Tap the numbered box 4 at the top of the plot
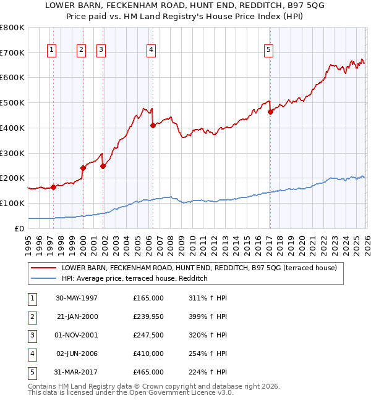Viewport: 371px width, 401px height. [x=151, y=51]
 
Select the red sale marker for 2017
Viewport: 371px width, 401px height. [x=270, y=112]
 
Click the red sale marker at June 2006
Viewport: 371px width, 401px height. [x=152, y=125]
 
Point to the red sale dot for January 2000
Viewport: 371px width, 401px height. [x=83, y=168]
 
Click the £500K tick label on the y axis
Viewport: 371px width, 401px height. [x=12, y=103]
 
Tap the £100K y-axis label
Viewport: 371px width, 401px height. [x=12, y=203]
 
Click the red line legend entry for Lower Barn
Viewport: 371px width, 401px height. [x=198, y=268]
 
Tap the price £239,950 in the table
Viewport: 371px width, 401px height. [x=148, y=316]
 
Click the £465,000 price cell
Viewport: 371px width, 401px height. [x=148, y=372]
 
